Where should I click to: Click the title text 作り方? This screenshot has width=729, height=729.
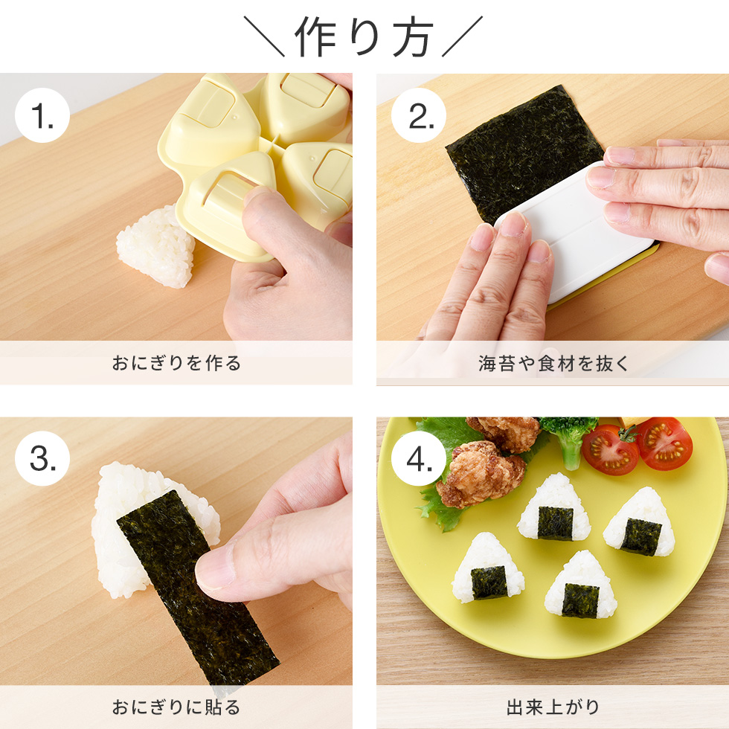[x=364, y=36]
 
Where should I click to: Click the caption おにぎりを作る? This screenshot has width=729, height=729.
[x=176, y=364]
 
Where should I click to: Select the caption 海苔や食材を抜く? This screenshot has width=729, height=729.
[x=553, y=364]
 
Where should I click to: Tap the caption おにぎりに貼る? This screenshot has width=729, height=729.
[x=176, y=707]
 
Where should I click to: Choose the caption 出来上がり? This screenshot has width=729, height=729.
[x=553, y=707]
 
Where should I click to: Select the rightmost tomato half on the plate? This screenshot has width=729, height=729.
[x=664, y=444]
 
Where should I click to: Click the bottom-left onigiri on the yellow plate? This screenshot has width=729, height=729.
[x=487, y=569]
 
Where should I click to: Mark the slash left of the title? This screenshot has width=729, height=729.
[x=265, y=37]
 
